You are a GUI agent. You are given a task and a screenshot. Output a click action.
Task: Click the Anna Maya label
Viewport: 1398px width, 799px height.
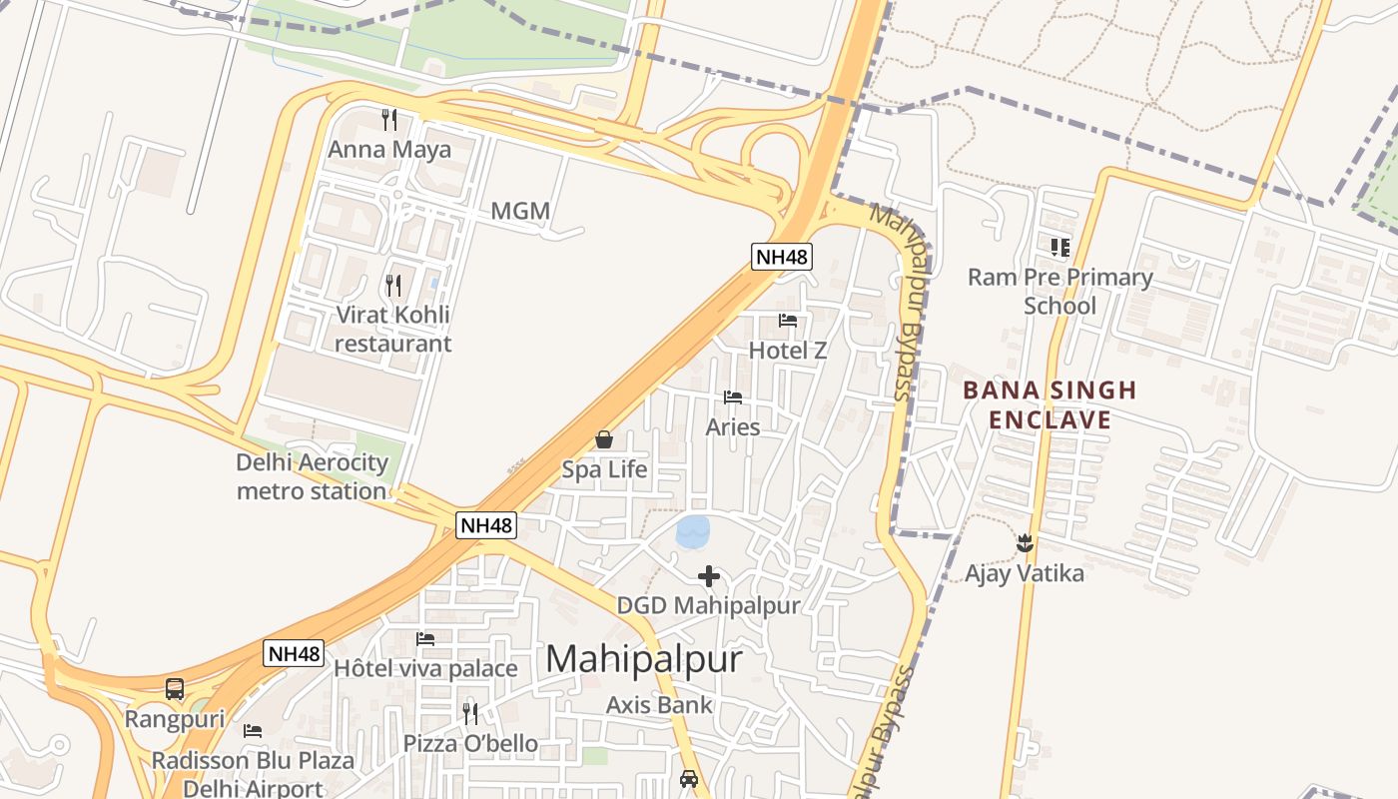pos(389,150)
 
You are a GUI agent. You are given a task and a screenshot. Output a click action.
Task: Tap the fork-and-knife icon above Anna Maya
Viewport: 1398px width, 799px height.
pos(389,120)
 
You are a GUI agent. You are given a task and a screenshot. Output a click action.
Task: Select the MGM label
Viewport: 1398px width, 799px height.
pos(520,211)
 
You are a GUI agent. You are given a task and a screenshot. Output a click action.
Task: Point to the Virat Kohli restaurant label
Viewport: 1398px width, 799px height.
pos(392,329)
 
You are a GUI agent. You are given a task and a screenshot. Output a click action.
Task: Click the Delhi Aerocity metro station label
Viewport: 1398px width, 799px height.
pos(312,476)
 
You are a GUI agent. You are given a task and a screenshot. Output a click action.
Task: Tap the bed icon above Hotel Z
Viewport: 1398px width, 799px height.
pos(788,321)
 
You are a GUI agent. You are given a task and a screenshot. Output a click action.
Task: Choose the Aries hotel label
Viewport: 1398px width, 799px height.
pos(733,426)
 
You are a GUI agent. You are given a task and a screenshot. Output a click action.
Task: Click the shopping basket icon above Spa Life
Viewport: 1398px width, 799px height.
pos(604,439)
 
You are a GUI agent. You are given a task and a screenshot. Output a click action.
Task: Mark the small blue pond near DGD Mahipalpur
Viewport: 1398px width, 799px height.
pos(692,531)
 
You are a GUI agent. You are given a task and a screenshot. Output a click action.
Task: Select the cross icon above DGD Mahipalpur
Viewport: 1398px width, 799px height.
pos(709,576)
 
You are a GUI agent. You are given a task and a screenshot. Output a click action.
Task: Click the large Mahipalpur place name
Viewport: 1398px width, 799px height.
pos(644,659)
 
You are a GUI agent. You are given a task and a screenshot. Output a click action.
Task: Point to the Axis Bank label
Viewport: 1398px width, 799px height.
pos(659,705)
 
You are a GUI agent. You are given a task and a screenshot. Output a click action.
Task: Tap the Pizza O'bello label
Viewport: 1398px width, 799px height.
pos(470,743)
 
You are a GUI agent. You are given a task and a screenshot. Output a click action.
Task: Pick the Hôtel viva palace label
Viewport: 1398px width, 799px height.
pos(425,668)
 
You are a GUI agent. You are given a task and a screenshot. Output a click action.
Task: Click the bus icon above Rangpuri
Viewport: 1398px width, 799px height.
pos(175,689)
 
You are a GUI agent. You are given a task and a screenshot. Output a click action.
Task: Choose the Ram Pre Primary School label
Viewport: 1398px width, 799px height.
pos(1059,291)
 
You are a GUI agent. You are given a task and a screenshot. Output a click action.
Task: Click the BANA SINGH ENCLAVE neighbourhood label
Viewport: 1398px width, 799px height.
pos(1049,404)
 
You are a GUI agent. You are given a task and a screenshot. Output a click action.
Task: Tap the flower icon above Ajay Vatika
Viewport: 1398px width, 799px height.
pos(1024,543)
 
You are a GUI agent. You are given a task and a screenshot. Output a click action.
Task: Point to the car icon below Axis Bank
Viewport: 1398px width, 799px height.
pos(689,778)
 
